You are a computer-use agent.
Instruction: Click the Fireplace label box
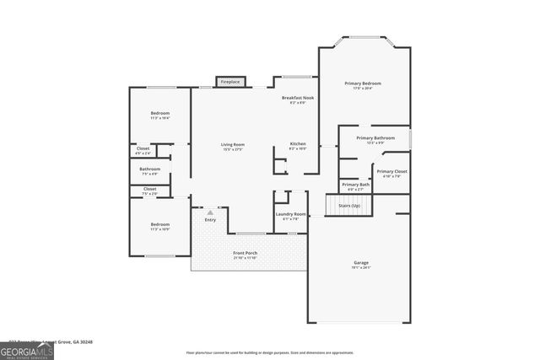(x=229, y=82)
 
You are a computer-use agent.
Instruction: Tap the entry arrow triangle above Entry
(x=209, y=212)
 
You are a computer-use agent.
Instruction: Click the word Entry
(x=209, y=220)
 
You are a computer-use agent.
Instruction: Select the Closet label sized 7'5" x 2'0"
(x=149, y=190)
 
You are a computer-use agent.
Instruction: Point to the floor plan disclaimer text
(x=269, y=353)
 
